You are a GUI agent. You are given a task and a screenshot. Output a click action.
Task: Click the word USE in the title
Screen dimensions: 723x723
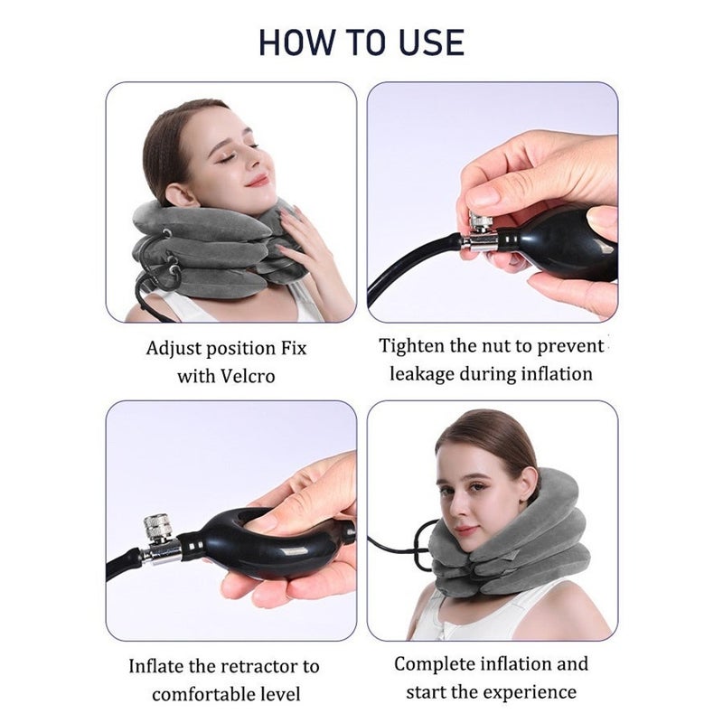(432, 42)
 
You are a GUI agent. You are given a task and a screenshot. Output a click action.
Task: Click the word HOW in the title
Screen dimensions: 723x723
(297, 42)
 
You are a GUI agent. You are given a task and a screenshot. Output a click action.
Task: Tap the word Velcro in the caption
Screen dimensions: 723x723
(248, 376)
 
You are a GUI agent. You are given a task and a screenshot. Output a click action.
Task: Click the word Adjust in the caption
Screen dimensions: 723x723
(174, 348)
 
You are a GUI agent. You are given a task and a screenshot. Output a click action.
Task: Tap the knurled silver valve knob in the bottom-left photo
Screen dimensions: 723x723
(157, 527)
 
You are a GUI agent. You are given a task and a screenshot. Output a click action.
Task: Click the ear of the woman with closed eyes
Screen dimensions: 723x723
(181, 193)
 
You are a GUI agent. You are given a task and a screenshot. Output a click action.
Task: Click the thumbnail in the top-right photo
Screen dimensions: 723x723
(484, 197)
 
